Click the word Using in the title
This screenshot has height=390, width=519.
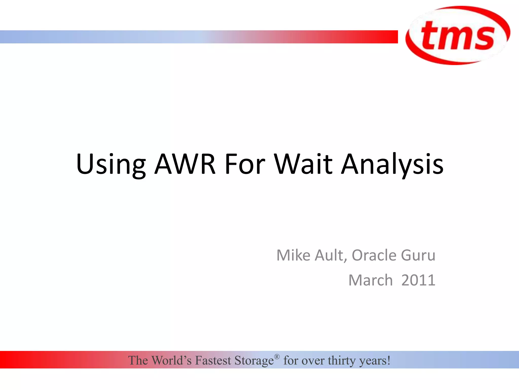pyautogui.click(x=111, y=165)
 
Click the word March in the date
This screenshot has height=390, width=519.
pyautogui.click(x=370, y=280)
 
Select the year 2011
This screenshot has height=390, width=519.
pyautogui.click(x=418, y=280)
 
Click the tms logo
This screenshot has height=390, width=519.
pyautogui.click(x=458, y=36)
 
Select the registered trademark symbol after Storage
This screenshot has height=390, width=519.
pyautogui.click(x=277, y=357)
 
